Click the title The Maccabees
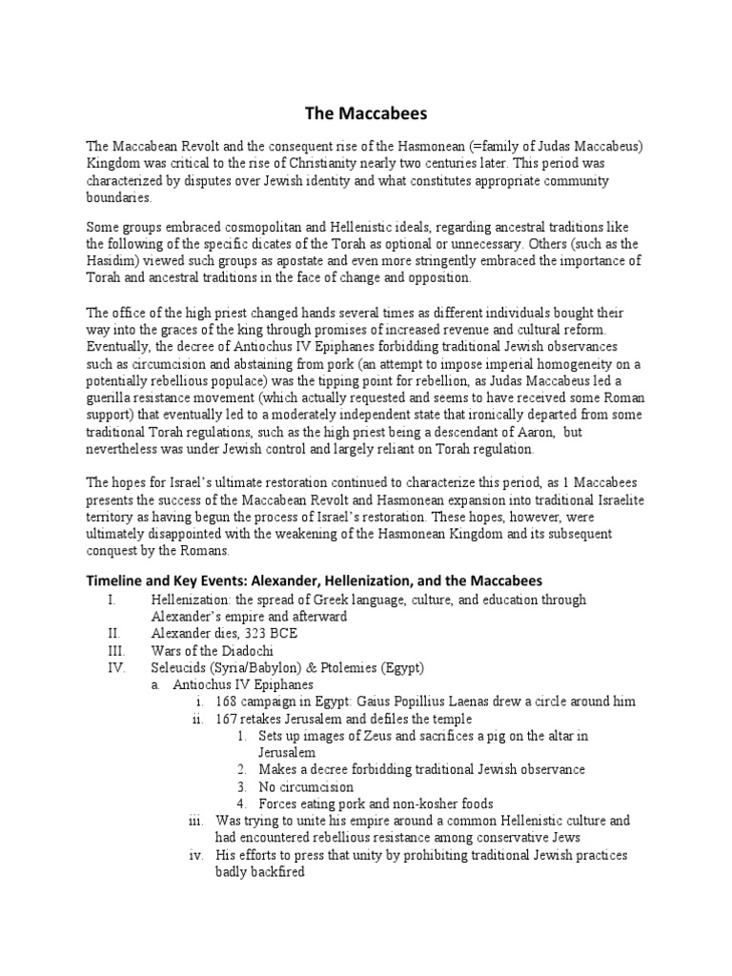366,114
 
